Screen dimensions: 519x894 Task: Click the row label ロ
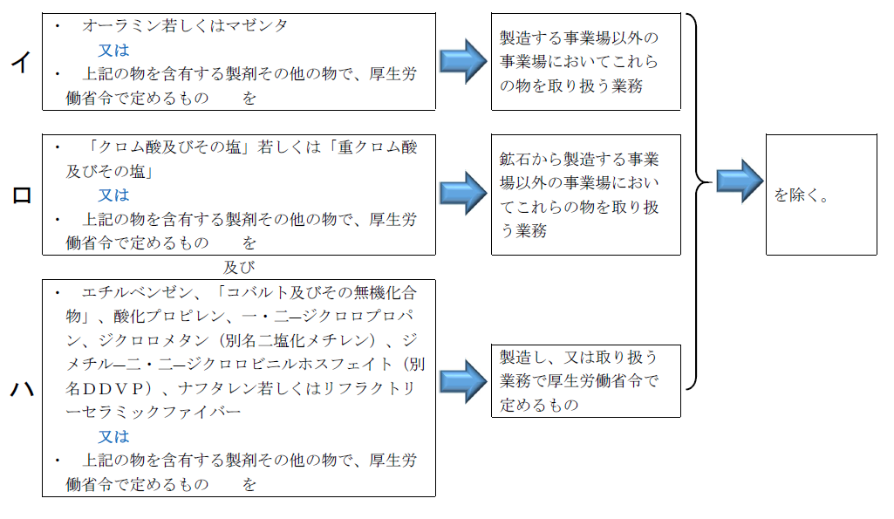click(x=21, y=195)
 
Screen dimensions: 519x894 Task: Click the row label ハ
click(x=21, y=388)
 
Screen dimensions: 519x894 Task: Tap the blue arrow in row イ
click(x=462, y=61)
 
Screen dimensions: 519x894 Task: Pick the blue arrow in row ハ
click(x=462, y=381)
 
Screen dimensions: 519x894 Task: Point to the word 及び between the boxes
click(x=239, y=266)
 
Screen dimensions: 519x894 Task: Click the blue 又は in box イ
click(x=113, y=50)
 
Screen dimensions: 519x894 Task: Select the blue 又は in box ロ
click(x=113, y=195)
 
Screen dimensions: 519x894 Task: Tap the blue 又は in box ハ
click(x=113, y=436)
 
